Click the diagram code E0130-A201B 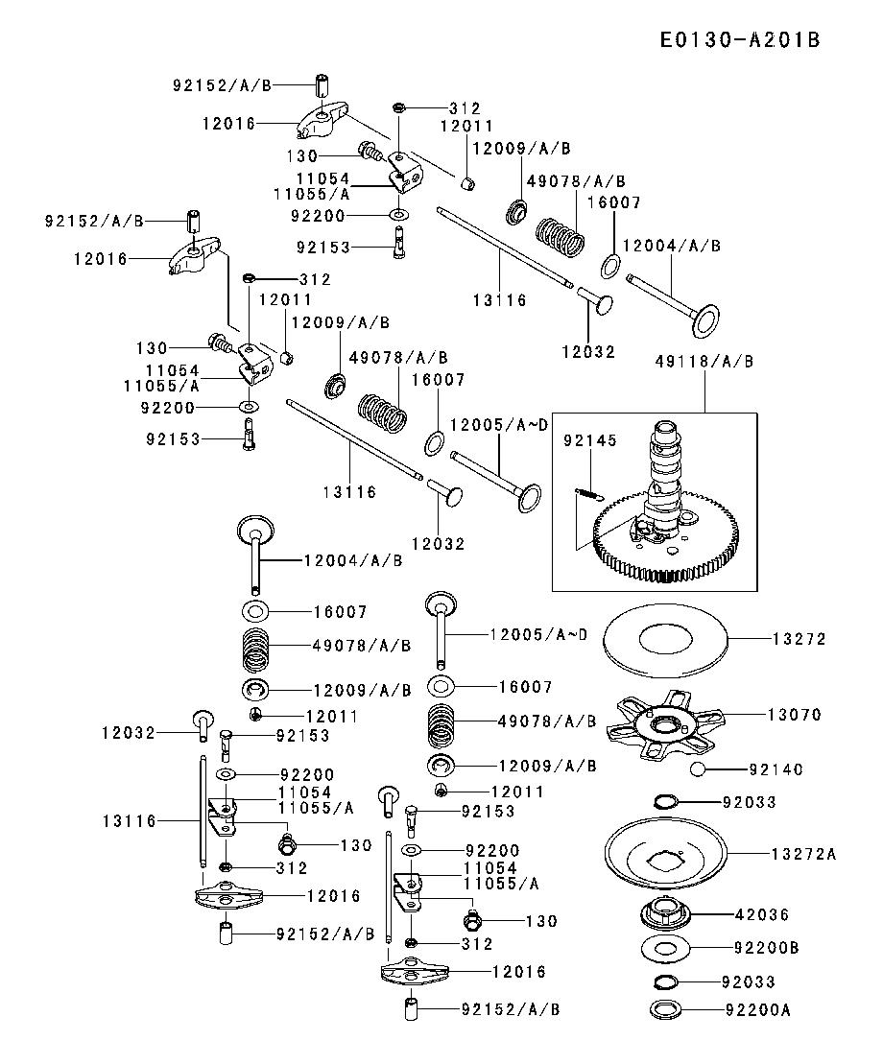(739, 39)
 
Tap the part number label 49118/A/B (704, 362)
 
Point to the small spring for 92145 (588, 495)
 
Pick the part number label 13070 (795, 714)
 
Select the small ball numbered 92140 (698, 769)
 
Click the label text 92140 (776, 769)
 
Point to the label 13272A (803, 853)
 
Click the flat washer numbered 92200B (664, 949)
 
